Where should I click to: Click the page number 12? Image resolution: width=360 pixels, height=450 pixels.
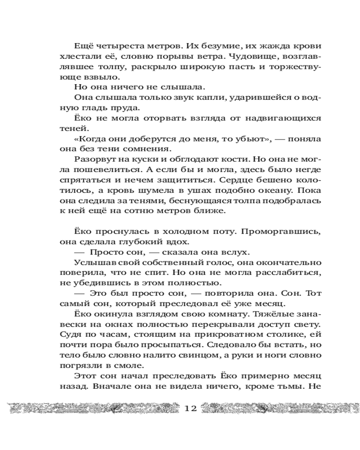(191, 409)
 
